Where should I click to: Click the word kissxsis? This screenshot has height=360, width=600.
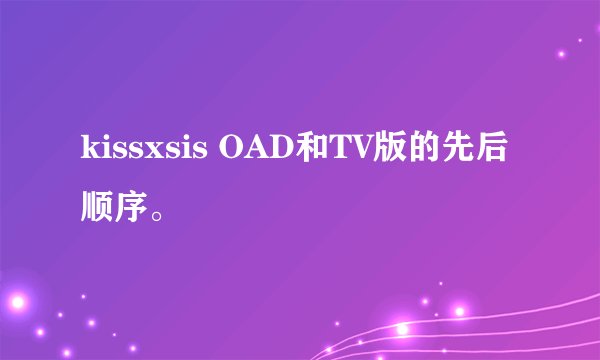(146, 152)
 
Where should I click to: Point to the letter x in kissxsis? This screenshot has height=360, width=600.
(147, 155)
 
